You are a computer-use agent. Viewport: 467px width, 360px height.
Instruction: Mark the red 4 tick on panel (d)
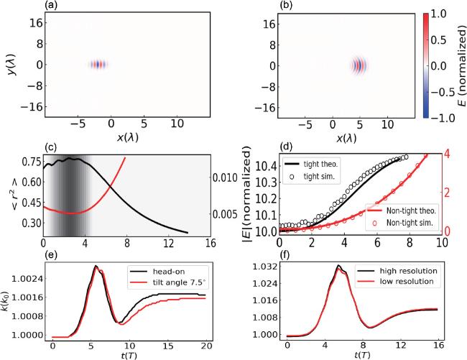point(446,153)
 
